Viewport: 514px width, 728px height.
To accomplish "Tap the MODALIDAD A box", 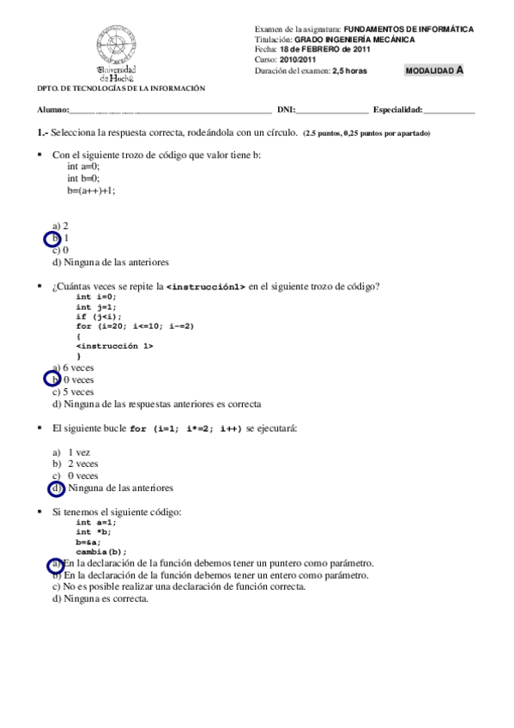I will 434,70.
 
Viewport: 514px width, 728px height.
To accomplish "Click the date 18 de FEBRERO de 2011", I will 332,50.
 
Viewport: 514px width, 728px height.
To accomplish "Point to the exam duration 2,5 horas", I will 349,71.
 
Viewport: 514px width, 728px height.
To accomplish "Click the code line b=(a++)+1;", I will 91,190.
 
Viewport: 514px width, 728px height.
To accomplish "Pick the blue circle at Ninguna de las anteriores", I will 57,488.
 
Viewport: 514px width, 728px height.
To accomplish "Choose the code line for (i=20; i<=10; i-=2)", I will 135,325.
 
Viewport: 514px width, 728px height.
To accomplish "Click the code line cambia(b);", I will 101,552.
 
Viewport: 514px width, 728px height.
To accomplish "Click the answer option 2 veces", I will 82,464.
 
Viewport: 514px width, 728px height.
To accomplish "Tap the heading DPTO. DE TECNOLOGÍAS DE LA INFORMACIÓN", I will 121,88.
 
